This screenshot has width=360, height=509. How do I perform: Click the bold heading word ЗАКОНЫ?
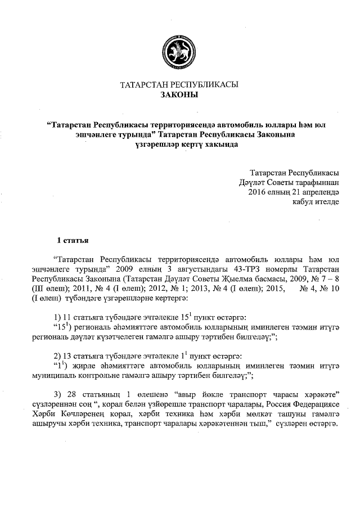point(179,95)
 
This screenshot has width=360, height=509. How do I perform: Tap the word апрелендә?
point(319,192)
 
